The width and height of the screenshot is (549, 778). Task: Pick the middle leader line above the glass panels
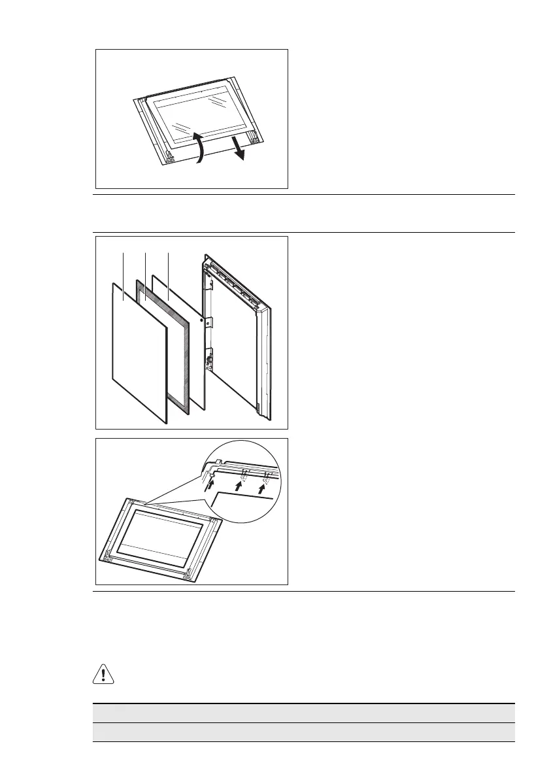(x=144, y=268)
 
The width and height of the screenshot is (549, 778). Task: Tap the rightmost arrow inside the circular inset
(x=263, y=486)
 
